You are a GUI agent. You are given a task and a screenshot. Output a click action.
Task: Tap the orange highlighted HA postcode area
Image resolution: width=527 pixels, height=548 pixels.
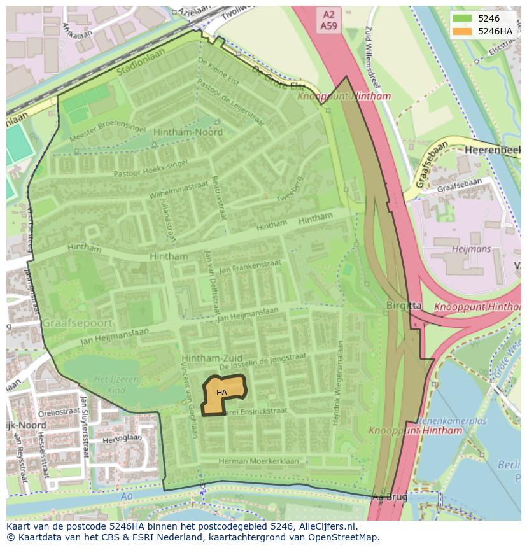coord(223,395)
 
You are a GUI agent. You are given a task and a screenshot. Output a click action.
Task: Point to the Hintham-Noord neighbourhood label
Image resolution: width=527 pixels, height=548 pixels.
coord(188,132)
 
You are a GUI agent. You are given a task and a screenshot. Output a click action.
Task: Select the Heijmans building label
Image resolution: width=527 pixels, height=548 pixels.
coord(470,249)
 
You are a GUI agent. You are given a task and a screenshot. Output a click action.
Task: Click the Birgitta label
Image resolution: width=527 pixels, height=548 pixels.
coord(404,306)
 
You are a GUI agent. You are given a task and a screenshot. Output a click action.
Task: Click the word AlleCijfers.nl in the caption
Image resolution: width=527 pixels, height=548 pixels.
coord(325,527)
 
